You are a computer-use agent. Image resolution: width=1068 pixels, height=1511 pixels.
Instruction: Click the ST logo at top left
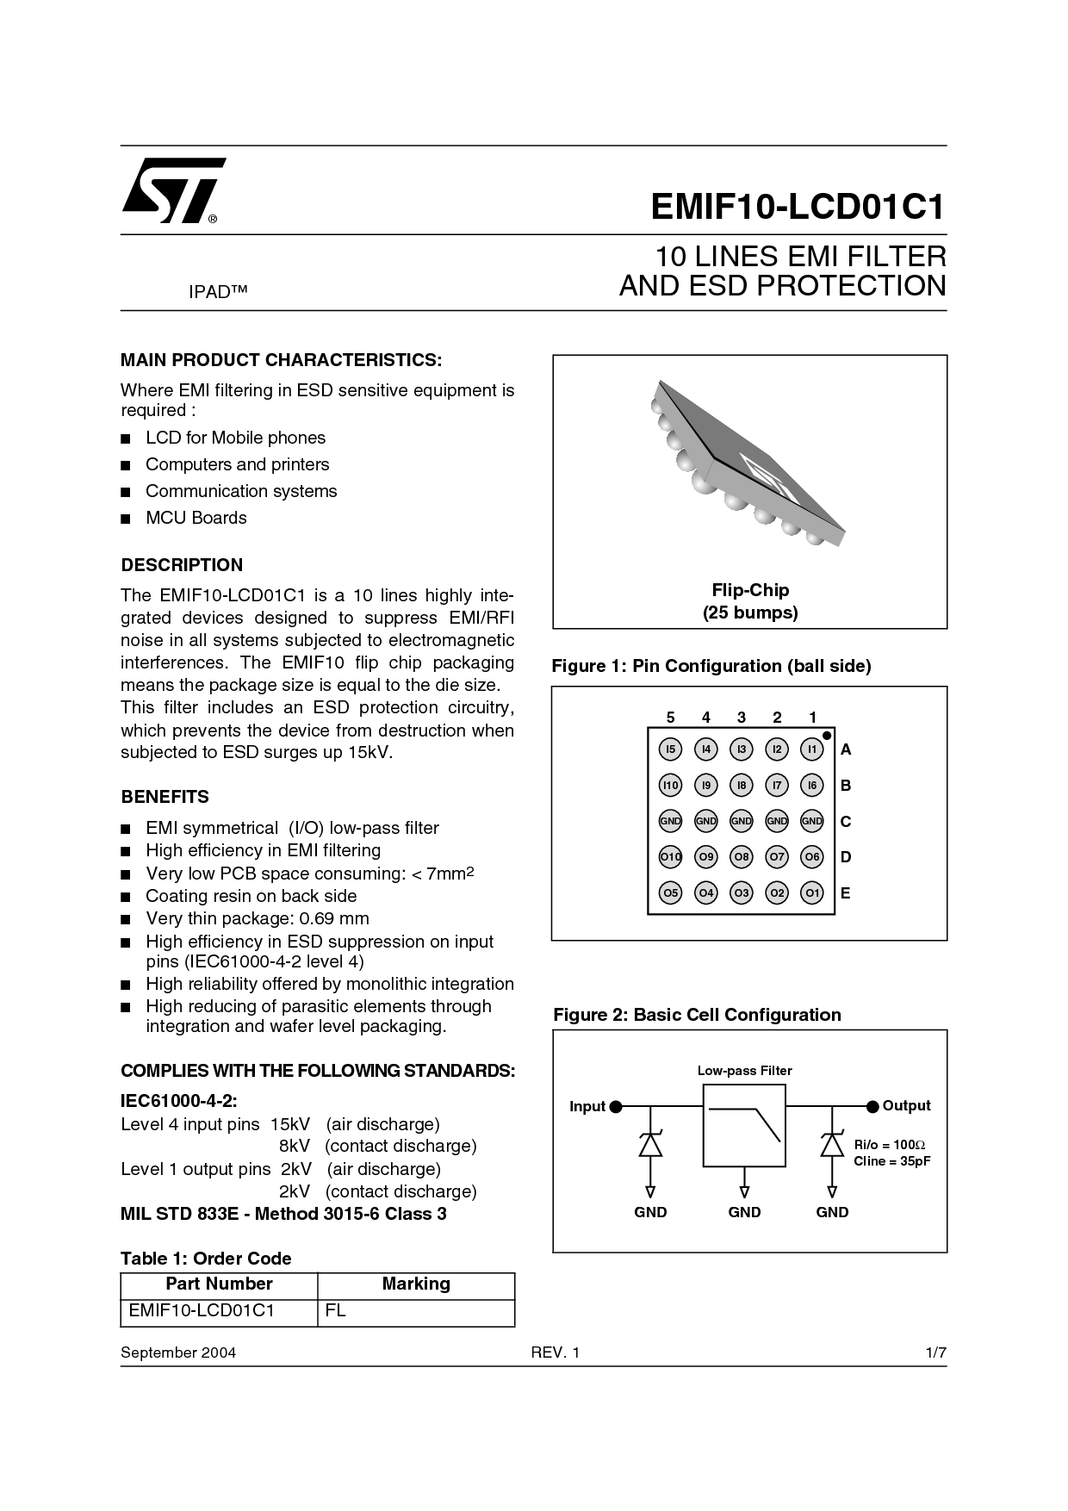click(172, 190)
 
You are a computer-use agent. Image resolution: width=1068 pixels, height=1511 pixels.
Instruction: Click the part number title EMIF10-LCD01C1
click(798, 207)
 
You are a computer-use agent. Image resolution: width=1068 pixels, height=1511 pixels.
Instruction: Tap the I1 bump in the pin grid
click(812, 749)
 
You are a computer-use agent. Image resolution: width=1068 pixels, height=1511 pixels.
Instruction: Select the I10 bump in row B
click(670, 785)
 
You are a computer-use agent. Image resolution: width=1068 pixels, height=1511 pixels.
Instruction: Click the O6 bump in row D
click(812, 856)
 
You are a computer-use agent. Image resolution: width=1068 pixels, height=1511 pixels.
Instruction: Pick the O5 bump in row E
click(670, 892)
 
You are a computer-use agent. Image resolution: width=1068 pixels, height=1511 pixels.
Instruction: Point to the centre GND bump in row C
click(742, 821)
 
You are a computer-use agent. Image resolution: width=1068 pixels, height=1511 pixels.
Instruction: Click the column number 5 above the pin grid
click(670, 718)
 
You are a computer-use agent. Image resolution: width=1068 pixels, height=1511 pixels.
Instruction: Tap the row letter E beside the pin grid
click(846, 893)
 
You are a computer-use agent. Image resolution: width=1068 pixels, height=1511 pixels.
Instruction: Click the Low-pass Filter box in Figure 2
click(744, 1125)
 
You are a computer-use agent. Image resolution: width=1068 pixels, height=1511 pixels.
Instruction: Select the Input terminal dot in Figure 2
click(616, 1107)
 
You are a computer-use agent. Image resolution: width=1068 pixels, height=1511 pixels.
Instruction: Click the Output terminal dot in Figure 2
click(872, 1106)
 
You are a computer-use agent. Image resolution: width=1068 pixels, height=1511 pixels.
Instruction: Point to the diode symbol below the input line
click(650, 1144)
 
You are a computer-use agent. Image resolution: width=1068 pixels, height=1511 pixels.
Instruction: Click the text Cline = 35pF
click(891, 1161)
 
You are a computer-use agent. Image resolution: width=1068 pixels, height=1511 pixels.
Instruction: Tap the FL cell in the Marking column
click(336, 1311)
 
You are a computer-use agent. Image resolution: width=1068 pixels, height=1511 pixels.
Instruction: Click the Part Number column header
click(219, 1284)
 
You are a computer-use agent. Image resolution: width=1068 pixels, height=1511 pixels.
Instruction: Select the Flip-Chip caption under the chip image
click(750, 590)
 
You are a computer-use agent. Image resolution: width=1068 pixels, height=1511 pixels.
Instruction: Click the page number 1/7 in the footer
click(936, 1352)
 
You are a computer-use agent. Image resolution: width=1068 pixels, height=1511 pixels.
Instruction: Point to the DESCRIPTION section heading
click(182, 565)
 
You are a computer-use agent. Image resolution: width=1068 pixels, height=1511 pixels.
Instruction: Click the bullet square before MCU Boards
click(126, 519)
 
